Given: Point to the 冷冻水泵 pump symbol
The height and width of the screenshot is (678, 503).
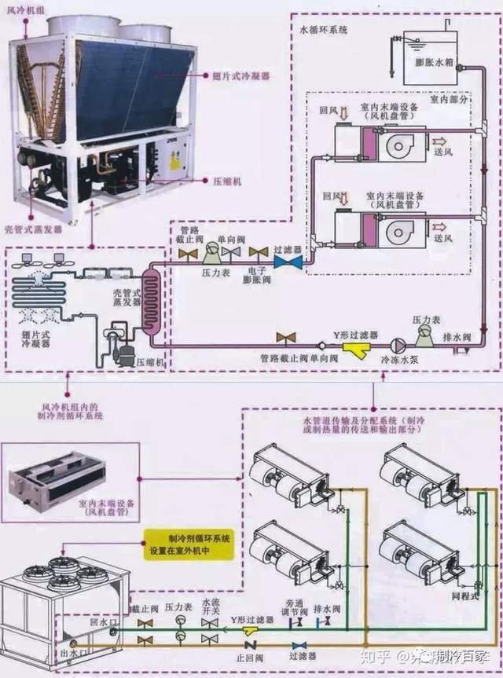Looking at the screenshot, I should pos(397,344).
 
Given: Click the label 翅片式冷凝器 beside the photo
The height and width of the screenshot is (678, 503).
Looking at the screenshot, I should pos(241,77).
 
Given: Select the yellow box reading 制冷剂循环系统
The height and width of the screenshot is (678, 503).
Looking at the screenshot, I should pos(187,544).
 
